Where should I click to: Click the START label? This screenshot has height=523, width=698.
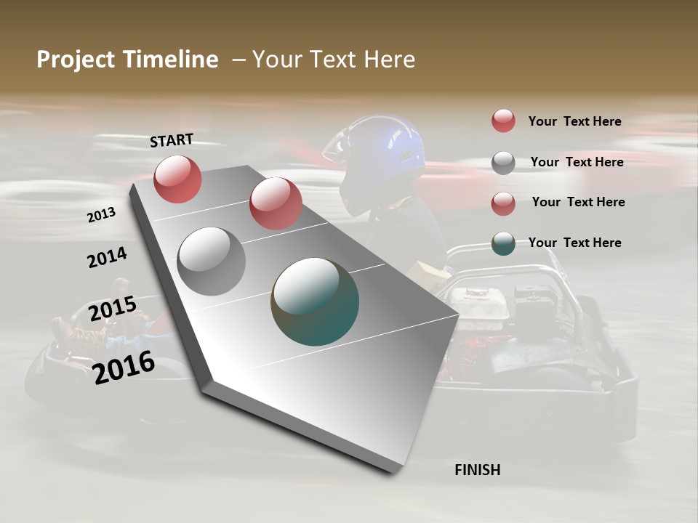[x=172, y=140]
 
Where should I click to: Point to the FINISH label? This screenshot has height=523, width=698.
[x=477, y=470]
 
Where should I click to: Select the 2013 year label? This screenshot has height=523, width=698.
[x=102, y=215]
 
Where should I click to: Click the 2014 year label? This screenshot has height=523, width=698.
[x=107, y=258]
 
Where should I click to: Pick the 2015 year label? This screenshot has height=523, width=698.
[x=113, y=309]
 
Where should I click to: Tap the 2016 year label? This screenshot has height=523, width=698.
[x=124, y=367]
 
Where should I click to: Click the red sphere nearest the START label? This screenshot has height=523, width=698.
[x=177, y=179]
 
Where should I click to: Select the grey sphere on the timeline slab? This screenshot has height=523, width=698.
[x=212, y=261]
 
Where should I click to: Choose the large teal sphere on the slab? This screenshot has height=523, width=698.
[x=315, y=301]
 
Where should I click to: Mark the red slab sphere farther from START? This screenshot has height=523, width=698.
[x=276, y=203]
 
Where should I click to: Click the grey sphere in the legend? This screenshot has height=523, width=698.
[x=503, y=163]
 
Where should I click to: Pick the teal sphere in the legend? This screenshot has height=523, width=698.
[x=503, y=243]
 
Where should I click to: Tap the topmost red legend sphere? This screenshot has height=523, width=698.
[x=503, y=121]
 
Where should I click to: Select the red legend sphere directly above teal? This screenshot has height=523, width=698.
[x=503, y=203]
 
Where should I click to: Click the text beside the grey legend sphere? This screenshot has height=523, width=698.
[x=577, y=162]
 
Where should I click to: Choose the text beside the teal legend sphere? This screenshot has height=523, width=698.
[x=574, y=243]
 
